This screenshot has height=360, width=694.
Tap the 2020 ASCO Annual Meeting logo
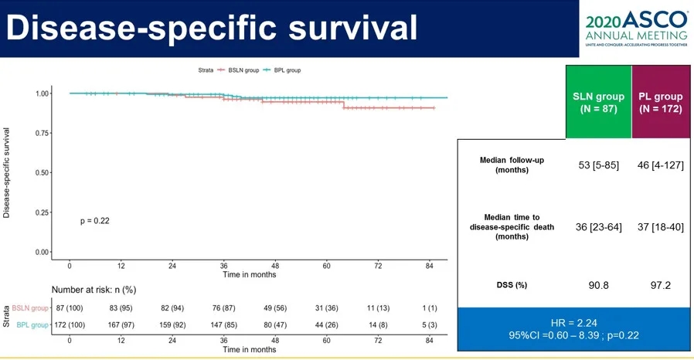(x=636, y=29)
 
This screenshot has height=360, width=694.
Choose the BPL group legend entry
(x=283, y=70)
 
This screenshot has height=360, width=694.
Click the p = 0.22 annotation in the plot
(x=95, y=221)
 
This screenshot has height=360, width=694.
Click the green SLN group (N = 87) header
(x=598, y=103)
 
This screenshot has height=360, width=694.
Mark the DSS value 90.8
(x=598, y=285)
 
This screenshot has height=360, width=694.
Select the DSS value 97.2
(x=660, y=285)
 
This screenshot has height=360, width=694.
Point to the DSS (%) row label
(x=511, y=285)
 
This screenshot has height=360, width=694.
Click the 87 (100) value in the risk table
(x=70, y=308)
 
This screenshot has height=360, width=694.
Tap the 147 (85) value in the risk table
(x=223, y=325)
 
